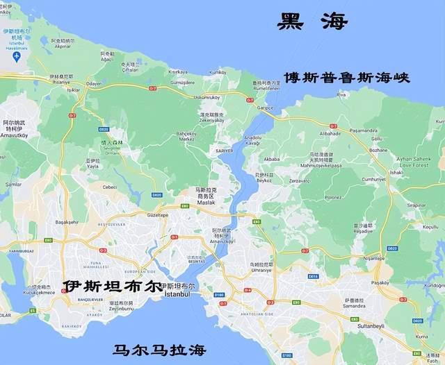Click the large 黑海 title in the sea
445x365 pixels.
312,22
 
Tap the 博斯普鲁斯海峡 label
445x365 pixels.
346,77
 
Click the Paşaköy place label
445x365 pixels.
400,282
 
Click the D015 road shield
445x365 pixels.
314,276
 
